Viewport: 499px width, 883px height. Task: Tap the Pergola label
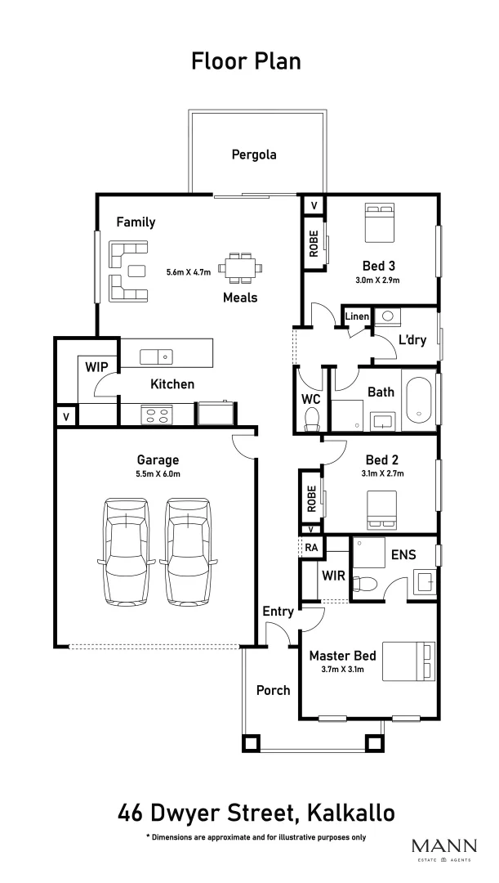point(253,154)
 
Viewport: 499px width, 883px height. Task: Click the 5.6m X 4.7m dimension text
point(189,271)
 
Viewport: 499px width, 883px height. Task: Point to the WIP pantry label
point(96,367)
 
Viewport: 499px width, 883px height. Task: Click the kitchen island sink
point(156,356)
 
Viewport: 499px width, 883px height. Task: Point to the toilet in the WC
point(311,418)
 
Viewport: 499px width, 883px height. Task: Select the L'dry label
point(412,340)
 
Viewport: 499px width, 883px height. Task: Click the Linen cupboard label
point(357,316)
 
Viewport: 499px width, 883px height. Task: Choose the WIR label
point(333,576)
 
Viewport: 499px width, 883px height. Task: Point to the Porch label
point(273,690)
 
